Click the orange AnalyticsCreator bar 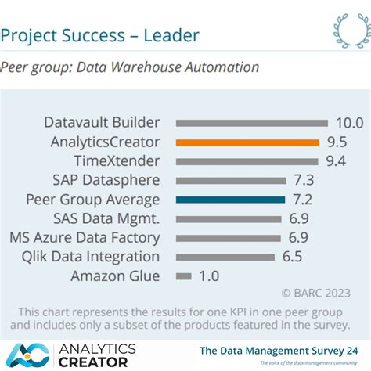(x=247, y=142)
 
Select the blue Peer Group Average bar (x=230, y=200)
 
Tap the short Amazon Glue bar (x=184, y=276)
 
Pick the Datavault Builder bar (x=251, y=123)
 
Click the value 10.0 (x=350, y=123)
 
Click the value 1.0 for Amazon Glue (x=209, y=276)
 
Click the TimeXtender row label (x=117, y=161)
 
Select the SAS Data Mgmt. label (x=106, y=218)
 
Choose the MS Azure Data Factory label (x=85, y=238)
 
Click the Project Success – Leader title (x=99, y=35)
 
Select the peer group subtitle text (x=129, y=67)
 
